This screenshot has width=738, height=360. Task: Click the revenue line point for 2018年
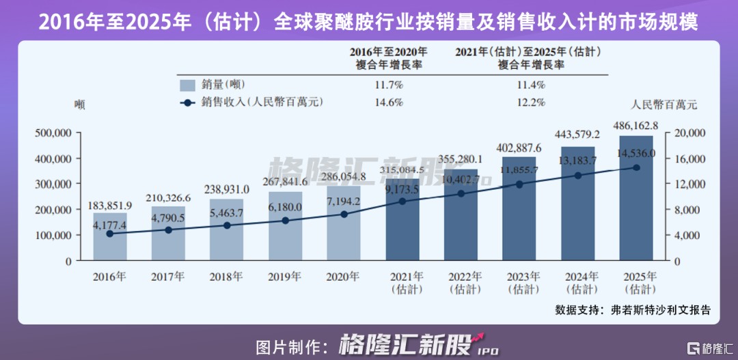click(227, 225)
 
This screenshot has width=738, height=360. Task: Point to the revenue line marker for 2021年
click(402, 202)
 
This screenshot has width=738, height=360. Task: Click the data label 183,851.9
click(109, 206)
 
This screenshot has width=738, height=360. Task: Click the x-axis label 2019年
click(285, 277)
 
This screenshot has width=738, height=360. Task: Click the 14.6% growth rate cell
click(389, 102)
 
